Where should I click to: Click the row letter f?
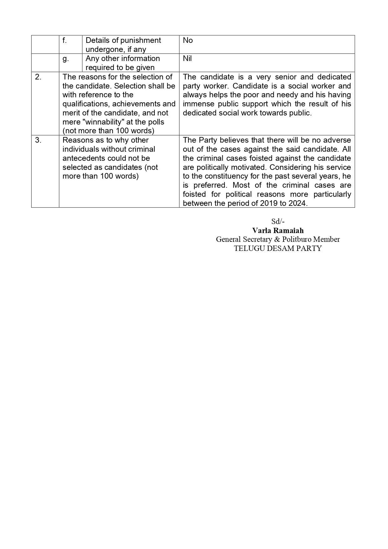click(x=64, y=40)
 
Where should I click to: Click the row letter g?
click(x=65, y=59)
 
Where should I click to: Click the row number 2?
click(x=38, y=77)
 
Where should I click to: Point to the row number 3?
click(x=38, y=140)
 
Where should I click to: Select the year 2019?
click(x=268, y=203)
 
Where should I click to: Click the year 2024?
click(x=297, y=203)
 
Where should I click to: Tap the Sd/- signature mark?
click(x=278, y=221)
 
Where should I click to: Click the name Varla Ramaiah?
click(x=278, y=231)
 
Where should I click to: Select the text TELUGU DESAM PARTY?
click(x=278, y=248)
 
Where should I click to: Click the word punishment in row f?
click(x=142, y=40)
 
